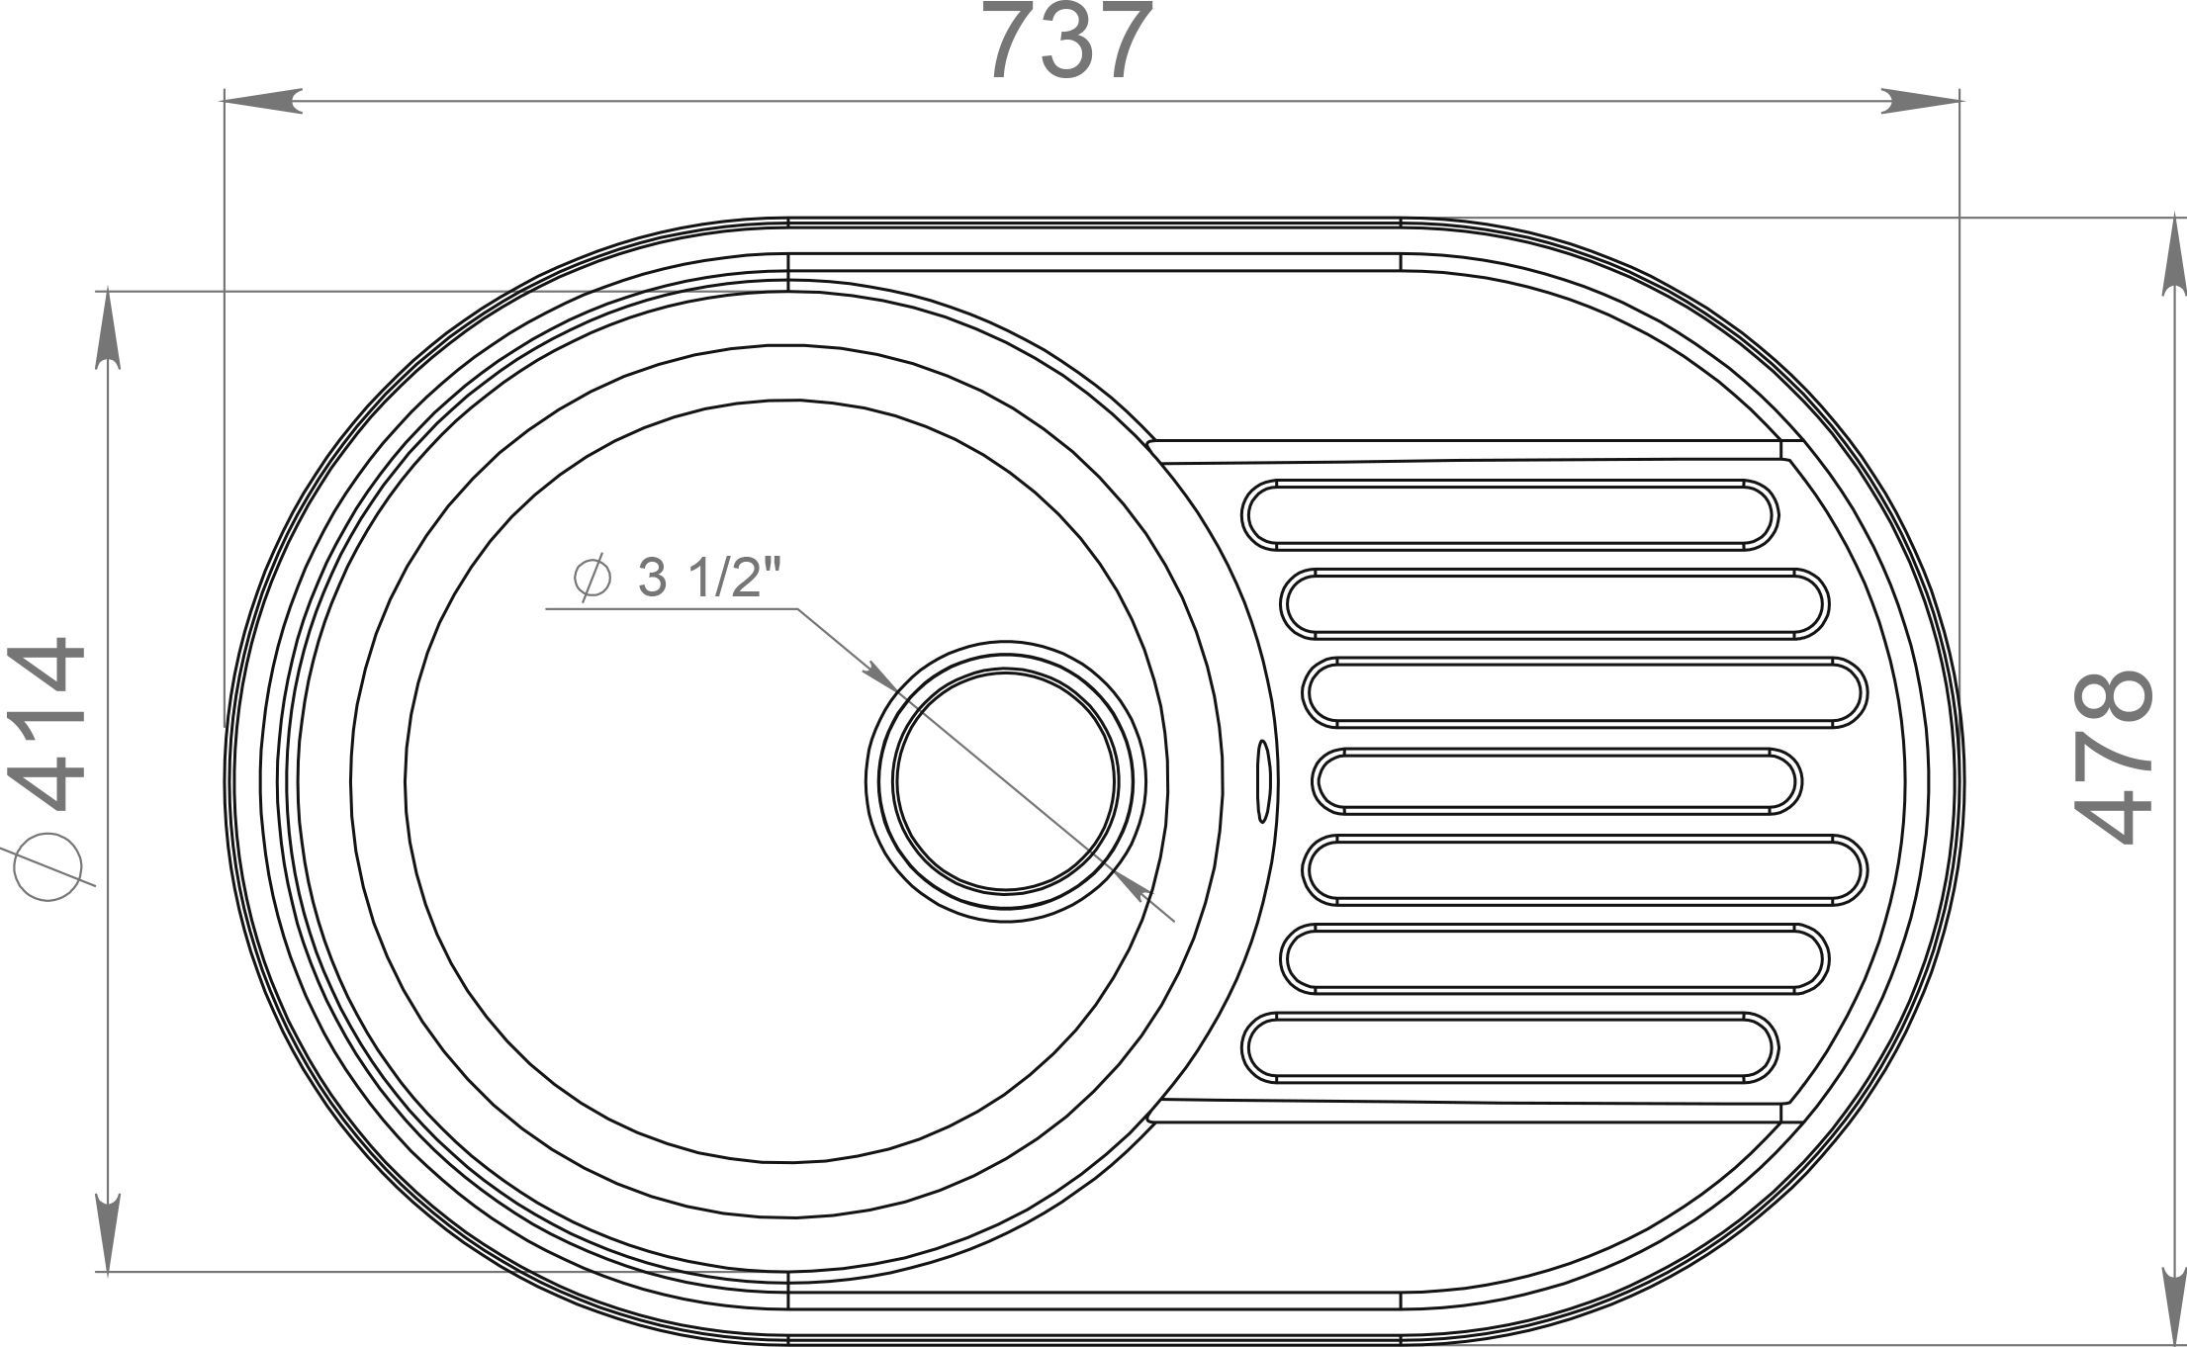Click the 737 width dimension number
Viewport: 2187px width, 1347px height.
[1071, 42]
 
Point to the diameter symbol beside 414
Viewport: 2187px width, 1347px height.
[46, 871]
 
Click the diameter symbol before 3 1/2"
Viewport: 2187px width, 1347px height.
[592, 579]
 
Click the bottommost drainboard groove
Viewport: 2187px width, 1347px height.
[1509, 1046]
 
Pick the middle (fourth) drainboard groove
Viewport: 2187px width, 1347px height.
[1557, 781]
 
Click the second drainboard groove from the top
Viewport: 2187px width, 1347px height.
[1554, 602]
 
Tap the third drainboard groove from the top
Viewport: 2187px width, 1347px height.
[1585, 691]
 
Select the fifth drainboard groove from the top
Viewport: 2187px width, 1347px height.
[1585, 869]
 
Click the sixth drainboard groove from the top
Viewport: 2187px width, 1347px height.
[1554, 957]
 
